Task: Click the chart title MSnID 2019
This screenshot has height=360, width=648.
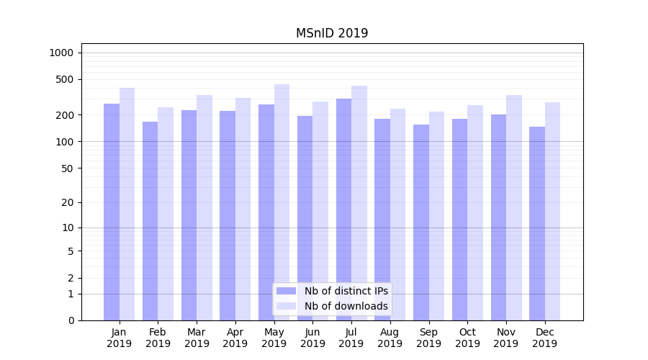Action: coord(332,33)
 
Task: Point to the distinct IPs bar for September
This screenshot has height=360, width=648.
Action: coord(421,222)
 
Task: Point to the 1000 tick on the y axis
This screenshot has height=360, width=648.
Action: coord(61,53)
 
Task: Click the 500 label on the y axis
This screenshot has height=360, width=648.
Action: coord(65,79)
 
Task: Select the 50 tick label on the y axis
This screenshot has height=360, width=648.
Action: coord(67,168)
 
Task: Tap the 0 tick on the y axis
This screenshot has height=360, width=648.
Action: coord(71,320)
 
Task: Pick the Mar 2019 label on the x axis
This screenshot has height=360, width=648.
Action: coord(197,338)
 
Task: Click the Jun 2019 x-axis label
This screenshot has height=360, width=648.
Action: coord(312,338)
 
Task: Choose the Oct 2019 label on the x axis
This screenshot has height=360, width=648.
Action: coord(467,338)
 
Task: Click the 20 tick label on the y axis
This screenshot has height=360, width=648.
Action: coord(67,202)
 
